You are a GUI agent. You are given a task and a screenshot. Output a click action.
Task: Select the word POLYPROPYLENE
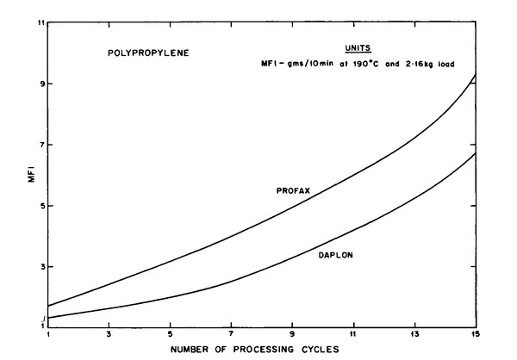147,53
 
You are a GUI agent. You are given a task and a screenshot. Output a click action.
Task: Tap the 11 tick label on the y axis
40,23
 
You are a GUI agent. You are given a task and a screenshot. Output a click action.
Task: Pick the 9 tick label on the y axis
40,84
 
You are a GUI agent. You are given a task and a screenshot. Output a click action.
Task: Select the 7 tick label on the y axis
40,146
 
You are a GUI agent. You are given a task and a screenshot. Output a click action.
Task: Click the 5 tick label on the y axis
40,207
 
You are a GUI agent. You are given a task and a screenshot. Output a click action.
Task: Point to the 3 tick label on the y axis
40,267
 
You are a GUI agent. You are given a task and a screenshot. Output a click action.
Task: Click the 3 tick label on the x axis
109,334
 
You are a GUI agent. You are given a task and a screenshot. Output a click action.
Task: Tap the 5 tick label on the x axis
170,334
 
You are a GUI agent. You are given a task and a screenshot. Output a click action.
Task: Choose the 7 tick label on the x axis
231,334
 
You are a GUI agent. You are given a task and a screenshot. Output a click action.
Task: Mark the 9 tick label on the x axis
292,334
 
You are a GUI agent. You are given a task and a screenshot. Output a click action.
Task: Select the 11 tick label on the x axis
353,334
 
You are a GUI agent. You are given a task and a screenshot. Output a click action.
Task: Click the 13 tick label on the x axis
414,334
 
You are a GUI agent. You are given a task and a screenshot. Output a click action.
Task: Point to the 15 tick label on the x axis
475,334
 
